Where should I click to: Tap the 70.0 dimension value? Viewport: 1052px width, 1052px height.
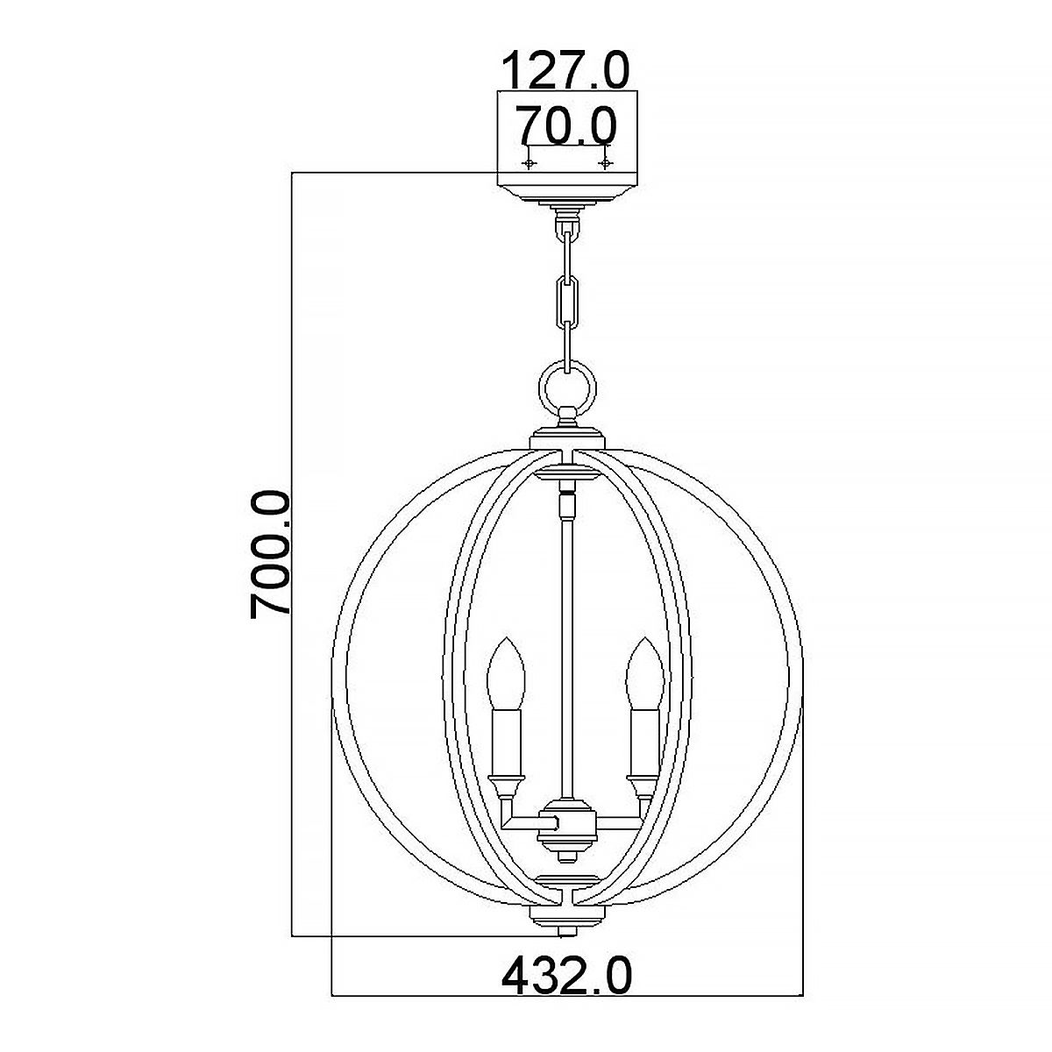[x=565, y=124]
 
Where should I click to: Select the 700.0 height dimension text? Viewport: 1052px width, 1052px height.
[x=270, y=554]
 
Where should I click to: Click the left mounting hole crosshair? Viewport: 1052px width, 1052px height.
[x=529, y=163]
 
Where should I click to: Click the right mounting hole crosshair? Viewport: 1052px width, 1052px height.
[x=604, y=163]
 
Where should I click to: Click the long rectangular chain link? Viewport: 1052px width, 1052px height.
[x=567, y=298]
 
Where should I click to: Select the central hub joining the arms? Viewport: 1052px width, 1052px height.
[x=567, y=824]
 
